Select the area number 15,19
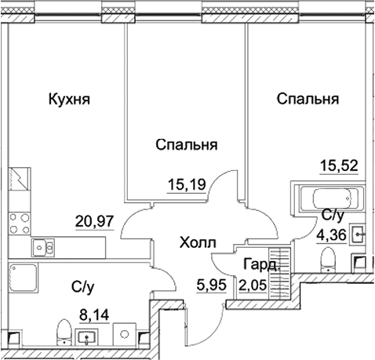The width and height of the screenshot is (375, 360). pos(186,186)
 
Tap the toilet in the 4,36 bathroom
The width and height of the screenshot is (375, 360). pos(330,256)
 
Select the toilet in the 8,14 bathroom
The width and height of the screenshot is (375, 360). pos(61,333)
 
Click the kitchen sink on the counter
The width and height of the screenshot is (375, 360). pos(42,248)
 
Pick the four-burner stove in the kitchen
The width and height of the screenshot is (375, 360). pos(20,219)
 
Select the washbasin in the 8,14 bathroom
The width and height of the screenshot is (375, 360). pos(87,337)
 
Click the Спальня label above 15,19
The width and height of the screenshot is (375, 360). pos(186,145)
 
